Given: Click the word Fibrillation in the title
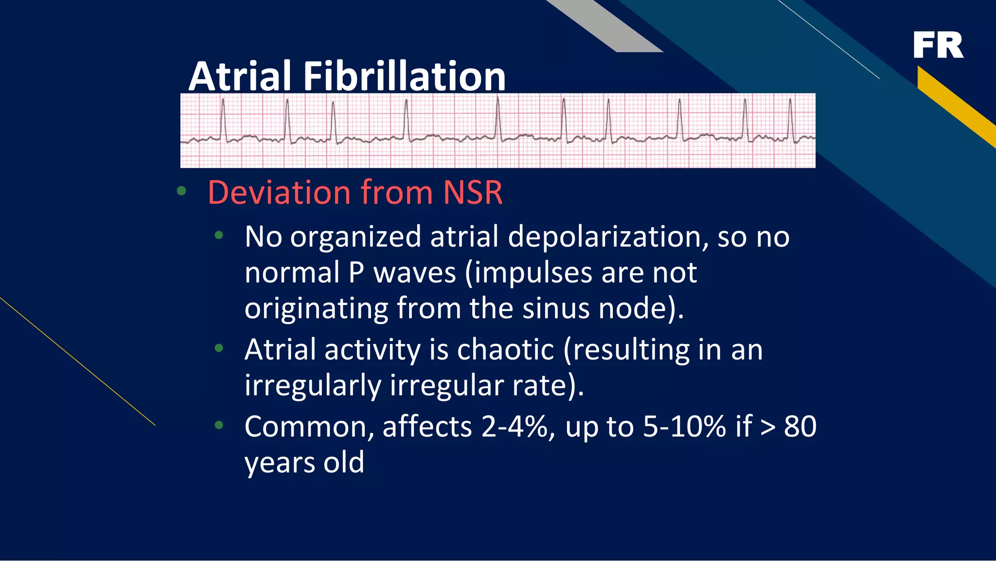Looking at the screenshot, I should tap(405, 76).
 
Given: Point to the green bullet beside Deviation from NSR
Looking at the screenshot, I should tap(181, 191).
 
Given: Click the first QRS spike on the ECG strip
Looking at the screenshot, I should tap(223, 119).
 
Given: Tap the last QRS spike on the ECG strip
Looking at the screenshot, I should tap(791, 119).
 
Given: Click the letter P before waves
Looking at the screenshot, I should tap(356, 272).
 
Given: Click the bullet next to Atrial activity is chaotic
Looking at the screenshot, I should tap(219, 348).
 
